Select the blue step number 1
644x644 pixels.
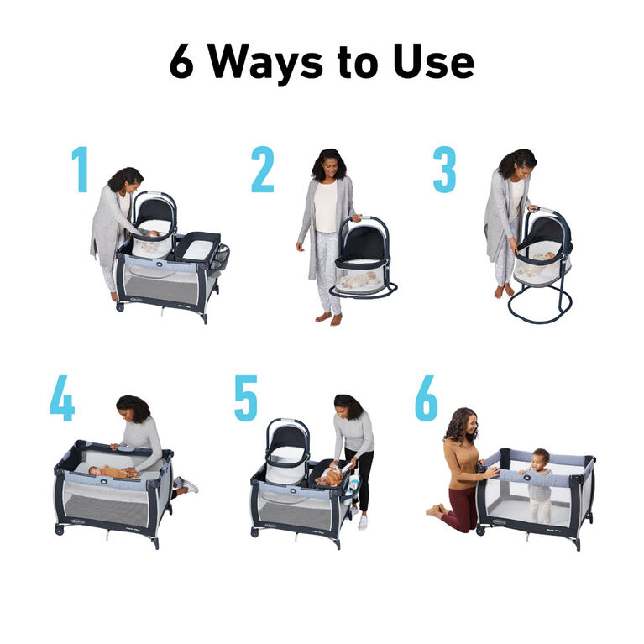tap(80, 170)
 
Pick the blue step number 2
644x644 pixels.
tap(262, 170)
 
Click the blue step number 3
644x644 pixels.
tap(444, 170)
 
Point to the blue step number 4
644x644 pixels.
tap(62, 397)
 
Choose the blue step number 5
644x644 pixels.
tap(245, 397)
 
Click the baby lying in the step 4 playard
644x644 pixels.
tap(111, 472)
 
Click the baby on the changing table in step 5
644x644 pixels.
tap(332, 476)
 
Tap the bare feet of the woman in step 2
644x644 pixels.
tap(329, 318)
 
